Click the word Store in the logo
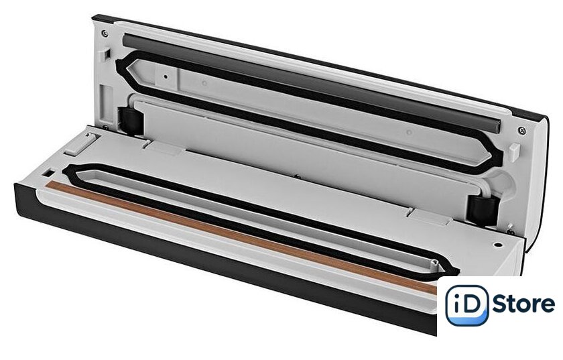point(523,304)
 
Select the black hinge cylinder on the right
point(484,211)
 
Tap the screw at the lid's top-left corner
point(105,33)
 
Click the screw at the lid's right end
point(522,131)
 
